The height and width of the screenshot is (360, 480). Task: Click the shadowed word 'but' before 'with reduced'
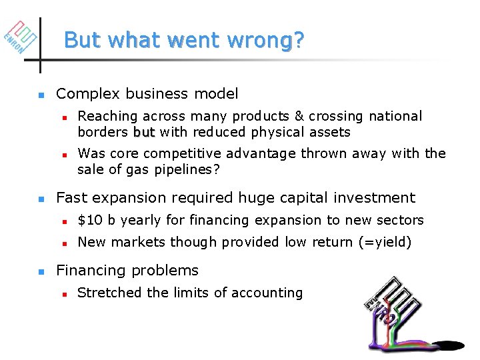point(144,132)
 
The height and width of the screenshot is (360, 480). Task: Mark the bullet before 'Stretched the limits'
point(65,293)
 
